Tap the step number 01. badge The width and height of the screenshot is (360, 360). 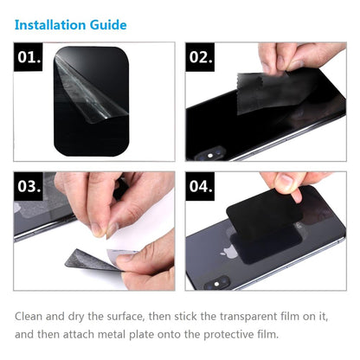pyautogui.click(x=30, y=60)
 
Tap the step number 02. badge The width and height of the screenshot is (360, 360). pyautogui.click(x=201, y=60)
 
